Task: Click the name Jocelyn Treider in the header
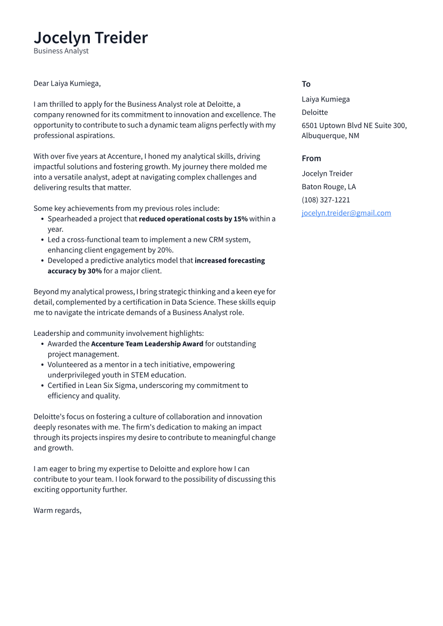(90, 38)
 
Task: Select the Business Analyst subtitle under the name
(61, 51)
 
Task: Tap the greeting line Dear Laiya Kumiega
(67, 83)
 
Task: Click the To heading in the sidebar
(306, 84)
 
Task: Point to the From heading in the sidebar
(311, 158)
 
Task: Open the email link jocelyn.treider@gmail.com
(346, 213)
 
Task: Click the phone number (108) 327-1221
(325, 200)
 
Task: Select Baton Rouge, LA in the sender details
(329, 187)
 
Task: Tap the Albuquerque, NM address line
(330, 136)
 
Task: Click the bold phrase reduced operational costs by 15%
(193, 219)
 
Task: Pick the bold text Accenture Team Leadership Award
(147, 344)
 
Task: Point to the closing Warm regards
(57, 510)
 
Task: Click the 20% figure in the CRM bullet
(165, 250)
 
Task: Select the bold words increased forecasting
(230, 260)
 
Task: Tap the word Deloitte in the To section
(315, 112)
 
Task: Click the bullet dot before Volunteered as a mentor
(42, 365)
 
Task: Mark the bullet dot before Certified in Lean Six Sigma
(42, 386)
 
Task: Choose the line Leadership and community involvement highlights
(119, 333)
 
